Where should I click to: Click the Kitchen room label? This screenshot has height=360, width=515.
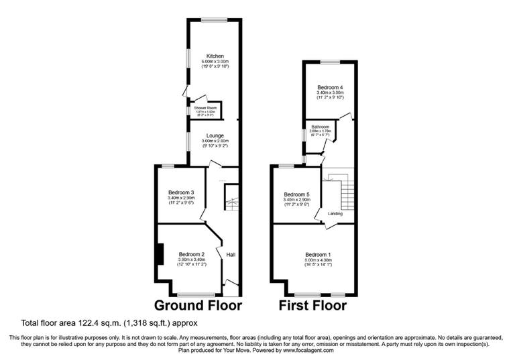click(215, 56)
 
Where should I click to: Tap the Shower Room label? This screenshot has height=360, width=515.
click(205, 107)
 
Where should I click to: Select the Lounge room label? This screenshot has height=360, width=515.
click(215, 135)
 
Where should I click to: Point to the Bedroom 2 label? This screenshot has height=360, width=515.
click(191, 254)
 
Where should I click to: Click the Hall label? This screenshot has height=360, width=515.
click(231, 255)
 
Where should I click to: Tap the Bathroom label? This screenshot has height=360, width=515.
click(320, 127)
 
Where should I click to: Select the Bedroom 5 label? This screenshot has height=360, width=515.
click(295, 194)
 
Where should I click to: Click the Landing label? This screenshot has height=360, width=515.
click(335, 214)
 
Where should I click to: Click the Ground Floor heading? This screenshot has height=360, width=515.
click(198, 306)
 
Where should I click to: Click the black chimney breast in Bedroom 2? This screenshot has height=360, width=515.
click(159, 255)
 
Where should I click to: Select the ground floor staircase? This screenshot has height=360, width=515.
click(231, 197)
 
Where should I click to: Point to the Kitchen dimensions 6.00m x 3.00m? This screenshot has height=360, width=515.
click(215, 62)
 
